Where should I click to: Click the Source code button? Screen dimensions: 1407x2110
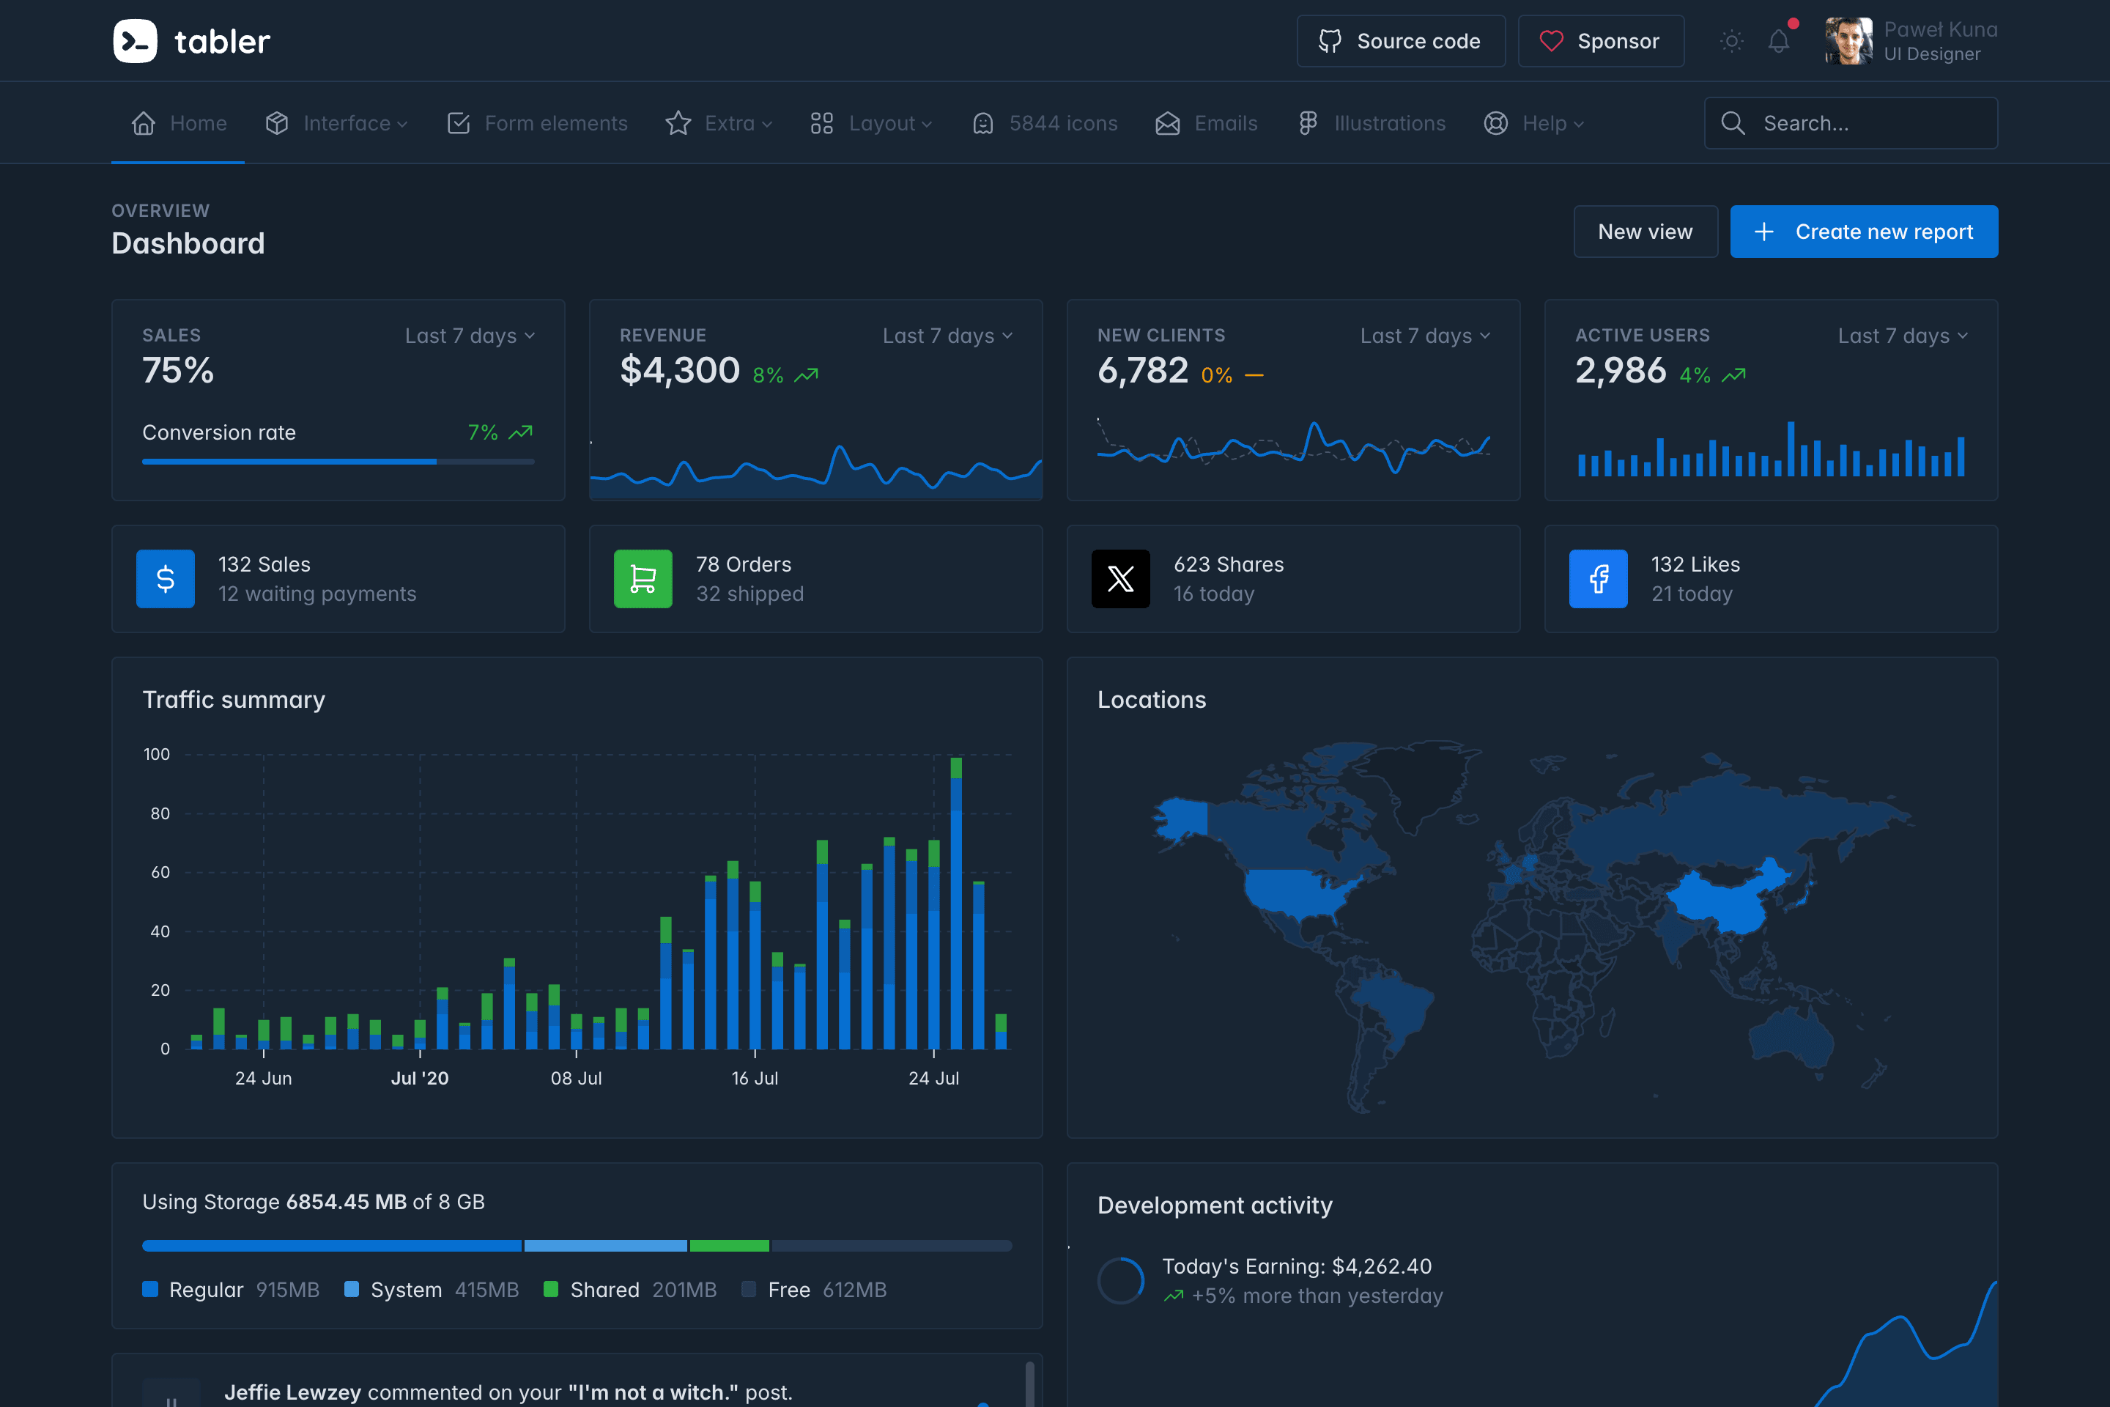coord(1399,41)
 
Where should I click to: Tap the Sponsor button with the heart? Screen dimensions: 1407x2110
coord(1600,41)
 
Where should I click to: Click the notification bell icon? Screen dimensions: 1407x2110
coord(1778,41)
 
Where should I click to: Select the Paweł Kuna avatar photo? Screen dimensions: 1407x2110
coord(1848,41)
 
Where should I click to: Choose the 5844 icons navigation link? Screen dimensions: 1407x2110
coord(1045,123)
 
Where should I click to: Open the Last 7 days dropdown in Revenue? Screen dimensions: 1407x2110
coord(947,336)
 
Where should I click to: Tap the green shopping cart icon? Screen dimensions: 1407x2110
coord(643,579)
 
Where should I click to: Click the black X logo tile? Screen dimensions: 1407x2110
coord(1119,579)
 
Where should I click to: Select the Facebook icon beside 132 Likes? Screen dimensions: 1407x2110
coord(1598,579)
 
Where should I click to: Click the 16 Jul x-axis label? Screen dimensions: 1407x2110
coord(755,1078)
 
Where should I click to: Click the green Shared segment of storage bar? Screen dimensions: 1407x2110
coord(728,1246)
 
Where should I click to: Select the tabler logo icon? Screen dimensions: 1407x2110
coord(136,41)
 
